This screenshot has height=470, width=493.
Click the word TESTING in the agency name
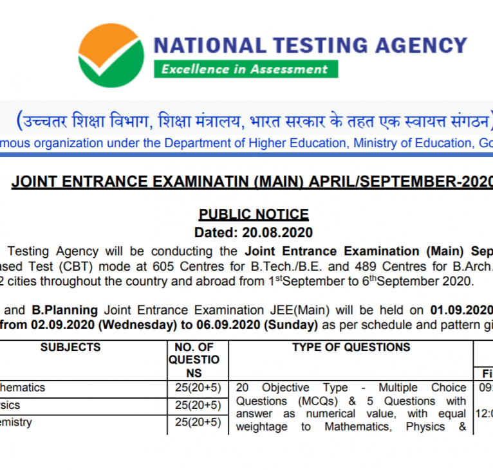309,45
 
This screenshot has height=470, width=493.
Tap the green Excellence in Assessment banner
245,69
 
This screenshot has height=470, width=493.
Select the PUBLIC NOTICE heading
253,214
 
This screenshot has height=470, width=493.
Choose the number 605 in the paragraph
185,266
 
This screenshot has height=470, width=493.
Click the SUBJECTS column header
70,347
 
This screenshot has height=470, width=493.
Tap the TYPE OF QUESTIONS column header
351,347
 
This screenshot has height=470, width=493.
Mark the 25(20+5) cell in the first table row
198,388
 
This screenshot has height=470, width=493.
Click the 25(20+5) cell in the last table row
198,422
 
